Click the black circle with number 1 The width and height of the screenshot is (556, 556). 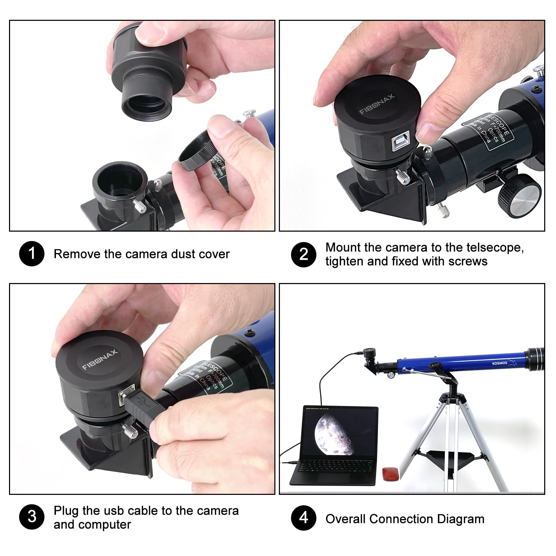coord(32,254)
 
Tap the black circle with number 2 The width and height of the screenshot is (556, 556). coord(304,255)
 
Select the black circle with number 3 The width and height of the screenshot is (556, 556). coord(32,517)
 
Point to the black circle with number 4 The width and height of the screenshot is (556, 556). coord(304,518)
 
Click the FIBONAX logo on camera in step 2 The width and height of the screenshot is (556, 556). coord(377,104)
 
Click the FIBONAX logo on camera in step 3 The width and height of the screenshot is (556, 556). coord(100,360)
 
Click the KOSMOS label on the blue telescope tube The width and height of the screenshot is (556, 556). coord(499,363)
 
